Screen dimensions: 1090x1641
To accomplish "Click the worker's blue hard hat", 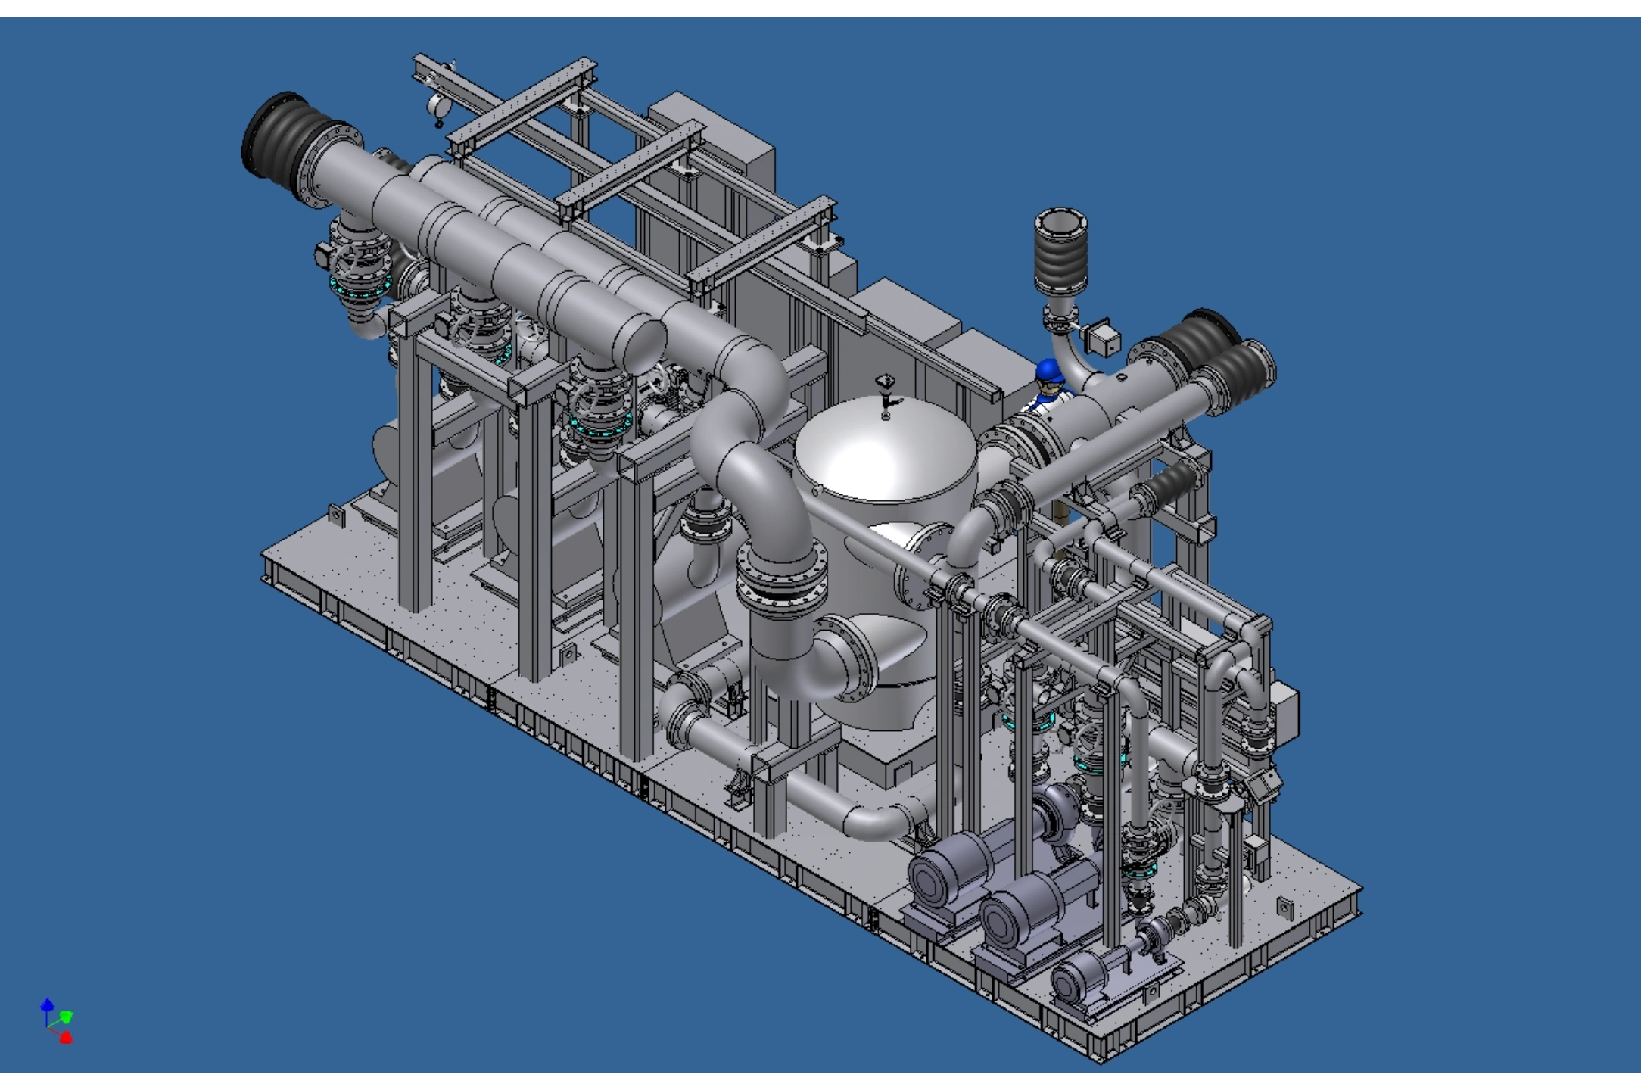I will (1048, 370).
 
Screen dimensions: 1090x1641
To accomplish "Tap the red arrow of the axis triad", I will (66, 1037).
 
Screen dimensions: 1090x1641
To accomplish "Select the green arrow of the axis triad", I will (67, 1016).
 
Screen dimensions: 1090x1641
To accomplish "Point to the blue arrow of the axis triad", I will (47, 1005).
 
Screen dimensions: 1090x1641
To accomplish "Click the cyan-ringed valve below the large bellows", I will (356, 288).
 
